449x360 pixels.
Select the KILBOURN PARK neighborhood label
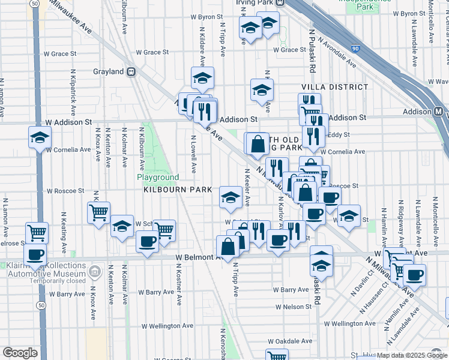178,190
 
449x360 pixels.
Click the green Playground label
158,178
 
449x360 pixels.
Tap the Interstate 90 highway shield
355,47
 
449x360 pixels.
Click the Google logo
20,353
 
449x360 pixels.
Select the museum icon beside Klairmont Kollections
94,273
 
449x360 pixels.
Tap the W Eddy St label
338,135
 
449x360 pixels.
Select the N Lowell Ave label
193,154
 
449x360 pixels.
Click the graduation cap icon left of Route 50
40,138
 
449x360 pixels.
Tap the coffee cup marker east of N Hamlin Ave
414,274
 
